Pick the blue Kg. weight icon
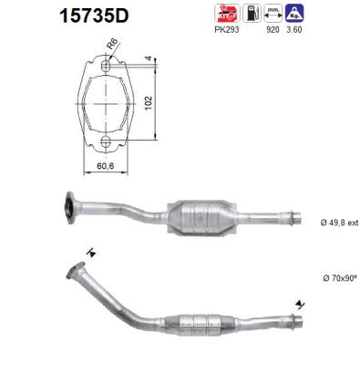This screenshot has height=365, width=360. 294,15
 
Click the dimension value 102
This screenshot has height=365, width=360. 147,103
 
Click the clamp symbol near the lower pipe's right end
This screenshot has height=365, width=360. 298,304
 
